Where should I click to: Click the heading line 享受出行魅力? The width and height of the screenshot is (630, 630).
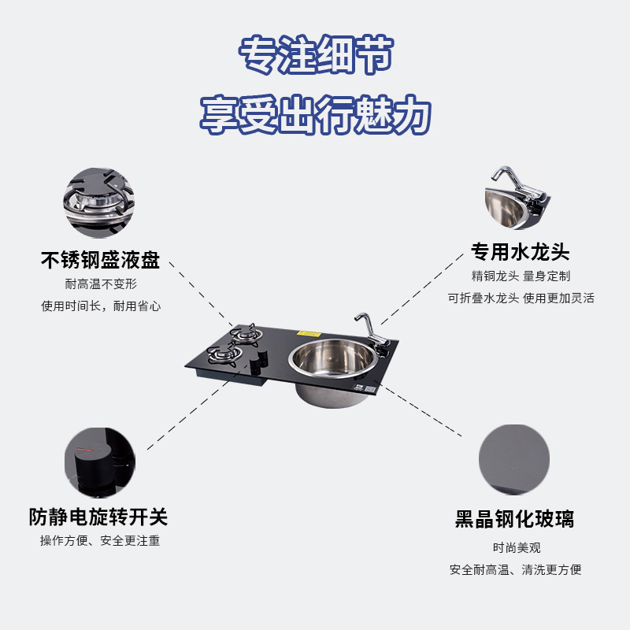(315, 115)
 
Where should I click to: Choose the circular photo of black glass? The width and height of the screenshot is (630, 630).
(513, 460)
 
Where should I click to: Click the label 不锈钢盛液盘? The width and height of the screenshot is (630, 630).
(100, 261)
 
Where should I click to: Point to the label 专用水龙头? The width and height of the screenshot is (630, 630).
(520, 252)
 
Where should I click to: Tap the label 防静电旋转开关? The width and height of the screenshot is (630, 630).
(98, 517)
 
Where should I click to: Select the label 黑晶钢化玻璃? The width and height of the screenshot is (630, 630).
(514, 520)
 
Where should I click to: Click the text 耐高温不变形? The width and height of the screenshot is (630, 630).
(100, 284)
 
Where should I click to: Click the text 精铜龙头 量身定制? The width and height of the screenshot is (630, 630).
(520, 276)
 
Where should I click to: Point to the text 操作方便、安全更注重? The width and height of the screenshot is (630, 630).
(100, 541)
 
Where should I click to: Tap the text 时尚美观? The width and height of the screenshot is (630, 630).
(516, 547)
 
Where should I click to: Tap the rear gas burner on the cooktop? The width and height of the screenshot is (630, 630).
(246, 332)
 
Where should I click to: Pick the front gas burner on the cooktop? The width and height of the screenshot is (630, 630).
(224, 357)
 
